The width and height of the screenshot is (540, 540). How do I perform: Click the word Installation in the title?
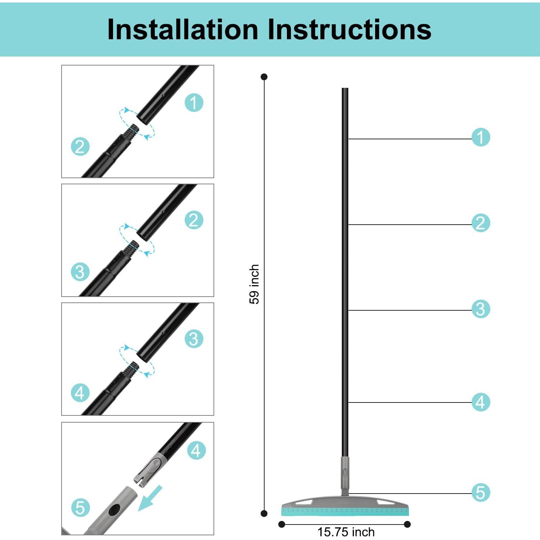pyautogui.click(x=183, y=29)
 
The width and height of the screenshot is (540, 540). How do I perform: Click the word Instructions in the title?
pyautogui.click(x=349, y=29)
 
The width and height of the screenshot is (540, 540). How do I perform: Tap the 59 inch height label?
pyautogui.click(x=254, y=284)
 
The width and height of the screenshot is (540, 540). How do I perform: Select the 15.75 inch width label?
pyautogui.click(x=346, y=532)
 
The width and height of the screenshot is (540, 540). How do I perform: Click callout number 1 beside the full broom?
pyautogui.click(x=481, y=137)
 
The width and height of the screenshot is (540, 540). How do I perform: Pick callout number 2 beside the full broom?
pyautogui.click(x=481, y=223)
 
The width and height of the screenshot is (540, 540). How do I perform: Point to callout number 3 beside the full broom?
pyautogui.click(x=481, y=309)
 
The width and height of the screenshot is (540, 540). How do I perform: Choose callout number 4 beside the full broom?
pyautogui.click(x=481, y=402)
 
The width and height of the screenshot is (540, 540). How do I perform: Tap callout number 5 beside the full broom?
pyautogui.click(x=481, y=492)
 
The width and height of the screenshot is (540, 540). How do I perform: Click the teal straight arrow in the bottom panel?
pyautogui.click(x=150, y=498)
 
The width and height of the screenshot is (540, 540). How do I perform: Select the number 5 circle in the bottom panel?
pyautogui.click(x=80, y=508)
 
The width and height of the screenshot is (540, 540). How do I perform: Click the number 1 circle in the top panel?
pyautogui.click(x=194, y=103)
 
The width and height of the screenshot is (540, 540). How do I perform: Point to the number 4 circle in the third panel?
pyautogui.click(x=80, y=393)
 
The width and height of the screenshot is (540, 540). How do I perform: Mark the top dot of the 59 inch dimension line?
pyautogui.click(x=264, y=77)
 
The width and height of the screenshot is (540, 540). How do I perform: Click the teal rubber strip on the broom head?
pyautogui.click(x=345, y=510)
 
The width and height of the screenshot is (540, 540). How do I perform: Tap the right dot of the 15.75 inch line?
pyautogui.click(x=407, y=525)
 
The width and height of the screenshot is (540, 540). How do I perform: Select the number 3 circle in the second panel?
pyautogui.click(x=80, y=272)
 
